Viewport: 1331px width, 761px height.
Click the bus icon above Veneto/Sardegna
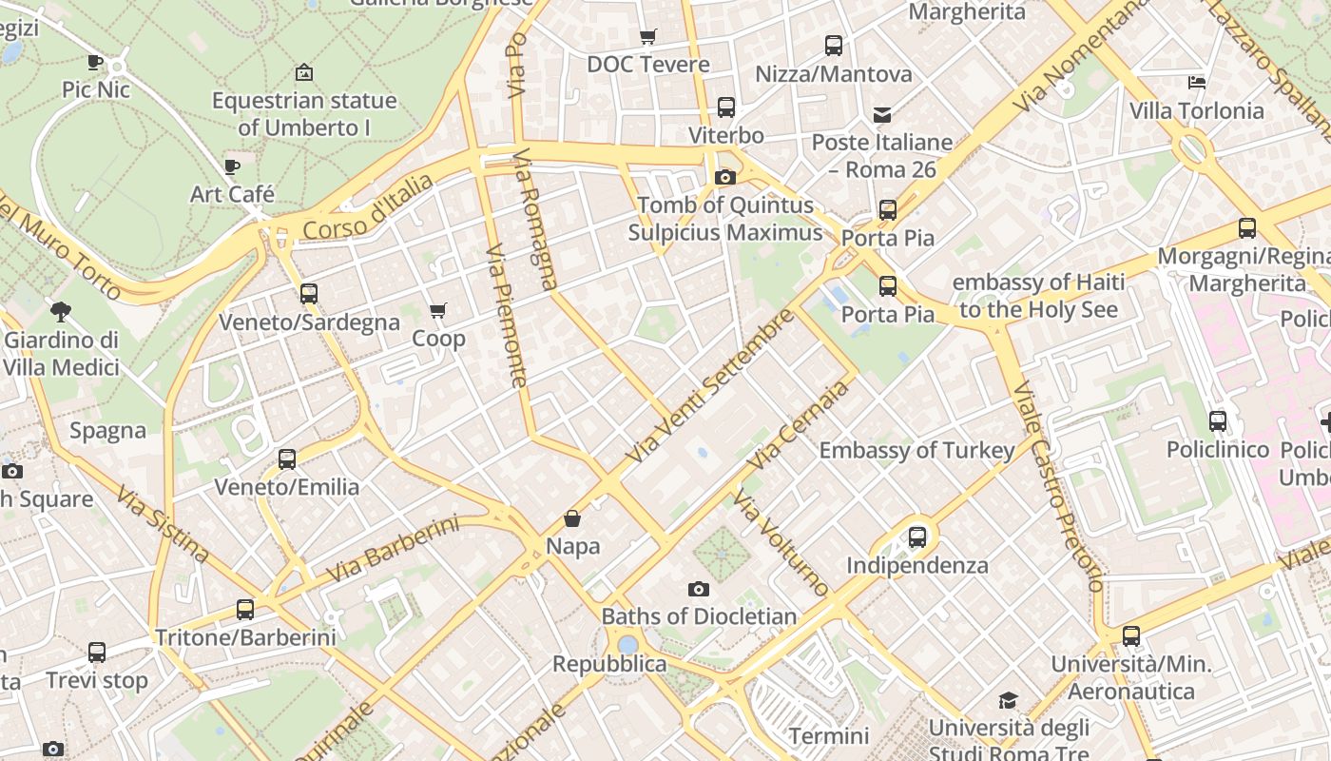309,294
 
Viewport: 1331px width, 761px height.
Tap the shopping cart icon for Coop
438,311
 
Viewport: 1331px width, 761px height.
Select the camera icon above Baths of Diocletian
699,590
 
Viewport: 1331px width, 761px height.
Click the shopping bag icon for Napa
572,518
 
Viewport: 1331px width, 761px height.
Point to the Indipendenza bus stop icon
917,537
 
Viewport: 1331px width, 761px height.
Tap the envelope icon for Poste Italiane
882,115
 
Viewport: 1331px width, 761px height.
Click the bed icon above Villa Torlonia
1197,83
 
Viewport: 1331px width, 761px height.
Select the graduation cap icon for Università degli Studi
1008,701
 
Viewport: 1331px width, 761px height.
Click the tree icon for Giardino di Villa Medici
61,311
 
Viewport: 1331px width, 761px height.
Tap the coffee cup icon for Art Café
232,167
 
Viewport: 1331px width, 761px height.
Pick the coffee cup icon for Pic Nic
95,63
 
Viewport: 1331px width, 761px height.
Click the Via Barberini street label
393,550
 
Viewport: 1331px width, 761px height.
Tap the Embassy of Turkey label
916,450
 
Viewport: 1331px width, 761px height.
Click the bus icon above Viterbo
726,107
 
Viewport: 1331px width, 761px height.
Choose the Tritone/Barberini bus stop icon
245,610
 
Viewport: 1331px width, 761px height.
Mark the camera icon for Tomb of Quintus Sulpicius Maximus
725,178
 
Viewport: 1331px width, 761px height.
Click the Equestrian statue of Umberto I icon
304,72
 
